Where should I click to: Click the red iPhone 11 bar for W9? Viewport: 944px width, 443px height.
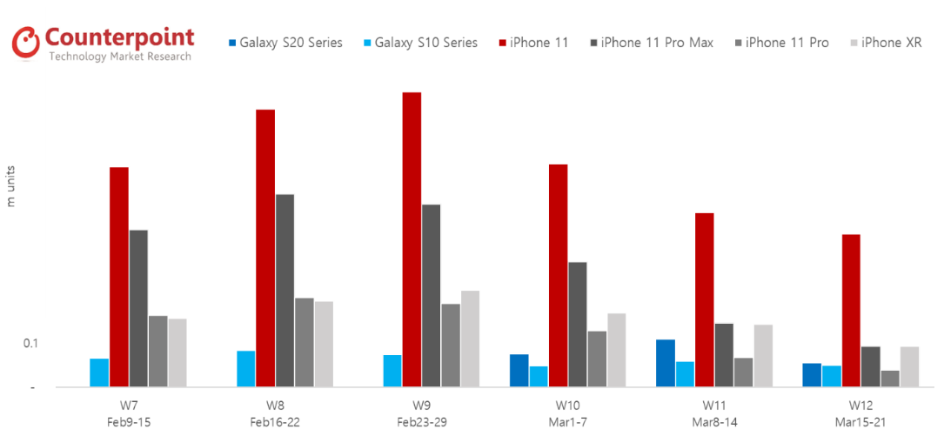point(412,239)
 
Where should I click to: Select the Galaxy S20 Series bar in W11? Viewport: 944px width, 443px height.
point(666,363)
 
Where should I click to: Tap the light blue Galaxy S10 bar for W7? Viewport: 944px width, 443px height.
point(99,373)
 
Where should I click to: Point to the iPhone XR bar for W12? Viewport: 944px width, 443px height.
point(909,366)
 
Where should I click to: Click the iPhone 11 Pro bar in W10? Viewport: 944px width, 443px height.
point(597,359)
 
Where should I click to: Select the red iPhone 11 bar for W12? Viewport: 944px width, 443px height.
point(851,311)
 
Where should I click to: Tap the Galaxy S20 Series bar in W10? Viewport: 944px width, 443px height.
point(519,371)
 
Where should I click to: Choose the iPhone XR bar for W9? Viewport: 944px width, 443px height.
point(470,339)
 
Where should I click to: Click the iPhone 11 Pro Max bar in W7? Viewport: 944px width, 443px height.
point(138,308)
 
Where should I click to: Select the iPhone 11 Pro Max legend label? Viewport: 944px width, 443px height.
point(653,43)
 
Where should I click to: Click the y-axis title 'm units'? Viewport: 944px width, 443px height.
point(11,185)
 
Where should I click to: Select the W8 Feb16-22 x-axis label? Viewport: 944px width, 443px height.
point(275,413)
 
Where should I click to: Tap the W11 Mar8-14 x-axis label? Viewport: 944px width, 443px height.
point(714,413)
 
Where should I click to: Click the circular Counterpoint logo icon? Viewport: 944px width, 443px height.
point(26,41)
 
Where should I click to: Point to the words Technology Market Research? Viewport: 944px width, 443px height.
point(119,57)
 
